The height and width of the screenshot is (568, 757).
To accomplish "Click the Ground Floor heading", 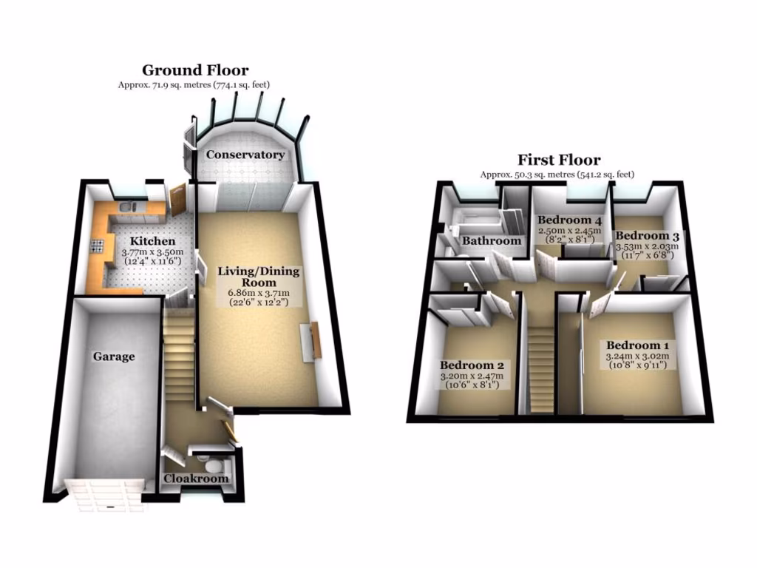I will [195, 70].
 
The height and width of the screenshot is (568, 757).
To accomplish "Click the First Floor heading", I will [559, 159].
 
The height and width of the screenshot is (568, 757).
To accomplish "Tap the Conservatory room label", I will [245, 155].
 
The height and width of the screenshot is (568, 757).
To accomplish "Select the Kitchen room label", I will [153, 241].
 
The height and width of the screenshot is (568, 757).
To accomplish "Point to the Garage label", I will [114, 356].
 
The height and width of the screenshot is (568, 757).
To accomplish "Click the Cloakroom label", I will [196, 479].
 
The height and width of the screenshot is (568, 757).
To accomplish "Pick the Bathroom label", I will [492, 240].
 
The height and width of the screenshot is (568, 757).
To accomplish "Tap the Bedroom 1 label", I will [637, 345].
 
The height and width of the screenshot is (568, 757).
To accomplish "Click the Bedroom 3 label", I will [648, 235].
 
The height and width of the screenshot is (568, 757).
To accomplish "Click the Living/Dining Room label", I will [258, 277].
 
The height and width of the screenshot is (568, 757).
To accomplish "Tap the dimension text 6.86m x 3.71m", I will [258, 293].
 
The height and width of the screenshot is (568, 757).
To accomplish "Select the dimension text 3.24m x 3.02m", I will [637, 356].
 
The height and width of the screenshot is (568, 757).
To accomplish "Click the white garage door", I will [103, 494].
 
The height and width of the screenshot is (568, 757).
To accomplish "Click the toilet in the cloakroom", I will [214, 464].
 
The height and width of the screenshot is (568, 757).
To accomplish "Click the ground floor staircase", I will [178, 355].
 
